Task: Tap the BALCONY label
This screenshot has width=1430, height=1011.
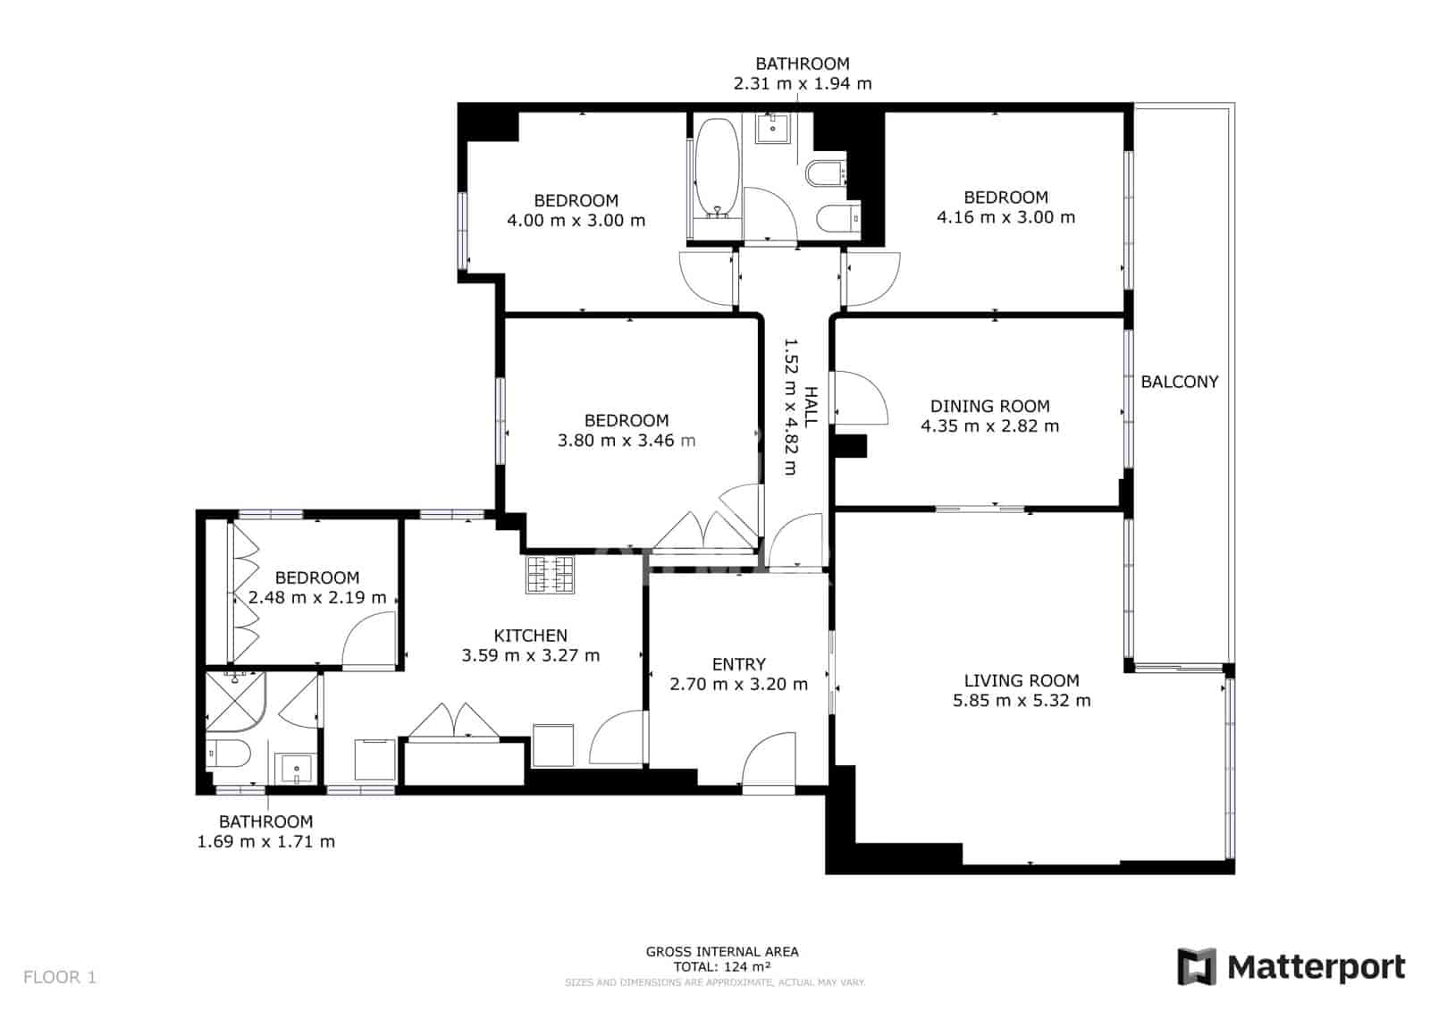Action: (1179, 382)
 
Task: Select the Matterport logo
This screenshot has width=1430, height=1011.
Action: (1291, 967)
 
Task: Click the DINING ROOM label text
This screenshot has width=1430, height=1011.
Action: (989, 406)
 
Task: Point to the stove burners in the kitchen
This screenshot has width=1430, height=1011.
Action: (549, 575)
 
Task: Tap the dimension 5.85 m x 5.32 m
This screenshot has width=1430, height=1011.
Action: (1022, 700)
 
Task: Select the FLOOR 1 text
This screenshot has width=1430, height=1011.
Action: (59, 977)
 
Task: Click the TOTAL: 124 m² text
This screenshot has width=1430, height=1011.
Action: (722, 966)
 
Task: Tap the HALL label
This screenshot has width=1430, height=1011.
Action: (811, 406)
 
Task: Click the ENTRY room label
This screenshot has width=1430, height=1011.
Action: (738, 664)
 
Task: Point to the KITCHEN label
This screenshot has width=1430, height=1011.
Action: (530, 636)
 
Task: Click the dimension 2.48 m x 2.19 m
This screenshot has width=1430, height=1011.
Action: (317, 597)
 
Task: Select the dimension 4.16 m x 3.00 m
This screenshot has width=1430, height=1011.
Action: (1005, 217)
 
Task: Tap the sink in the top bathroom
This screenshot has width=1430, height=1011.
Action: (772, 128)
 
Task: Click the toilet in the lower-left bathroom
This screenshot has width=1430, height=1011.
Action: (227, 754)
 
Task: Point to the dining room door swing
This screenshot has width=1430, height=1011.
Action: (860, 399)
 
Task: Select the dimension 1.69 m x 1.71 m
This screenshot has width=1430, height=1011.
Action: (265, 841)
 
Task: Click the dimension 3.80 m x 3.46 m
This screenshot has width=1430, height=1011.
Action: (626, 440)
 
